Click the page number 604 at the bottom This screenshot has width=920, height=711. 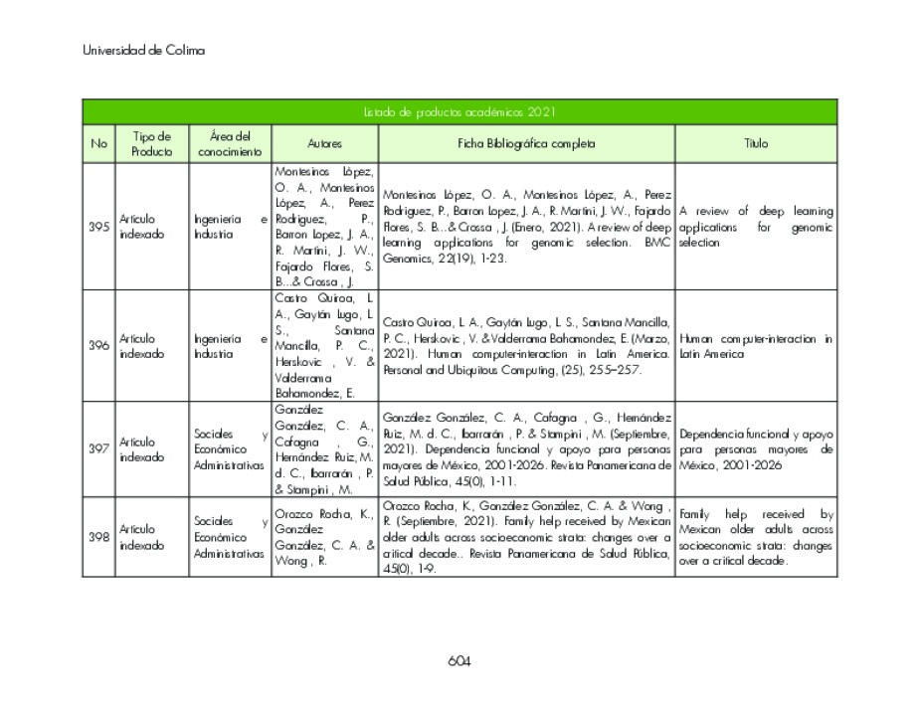[459, 661]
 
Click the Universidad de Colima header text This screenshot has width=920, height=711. [143, 51]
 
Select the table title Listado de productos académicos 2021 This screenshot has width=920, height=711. [459, 112]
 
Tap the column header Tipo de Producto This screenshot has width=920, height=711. [151, 143]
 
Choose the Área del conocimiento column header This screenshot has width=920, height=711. [230, 143]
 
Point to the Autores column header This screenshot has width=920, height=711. [324, 143]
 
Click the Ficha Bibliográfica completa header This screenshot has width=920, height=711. [526, 143]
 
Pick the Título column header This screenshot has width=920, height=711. [756, 143]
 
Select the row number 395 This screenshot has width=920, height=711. [98, 227]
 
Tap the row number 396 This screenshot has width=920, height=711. [98, 346]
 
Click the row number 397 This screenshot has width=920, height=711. [98, 448]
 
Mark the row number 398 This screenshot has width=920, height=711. [98, 537]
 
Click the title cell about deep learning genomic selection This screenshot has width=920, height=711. [756, 227]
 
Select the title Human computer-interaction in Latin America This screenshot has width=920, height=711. [756, 346]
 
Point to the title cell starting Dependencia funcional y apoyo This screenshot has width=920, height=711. [756, 448]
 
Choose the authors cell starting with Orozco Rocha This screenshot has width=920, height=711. [324, 537]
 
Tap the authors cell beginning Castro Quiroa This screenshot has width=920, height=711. [324, 346]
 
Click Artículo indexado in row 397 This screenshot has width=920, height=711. [137, 449]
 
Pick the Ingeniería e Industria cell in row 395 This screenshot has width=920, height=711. [230, 227]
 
